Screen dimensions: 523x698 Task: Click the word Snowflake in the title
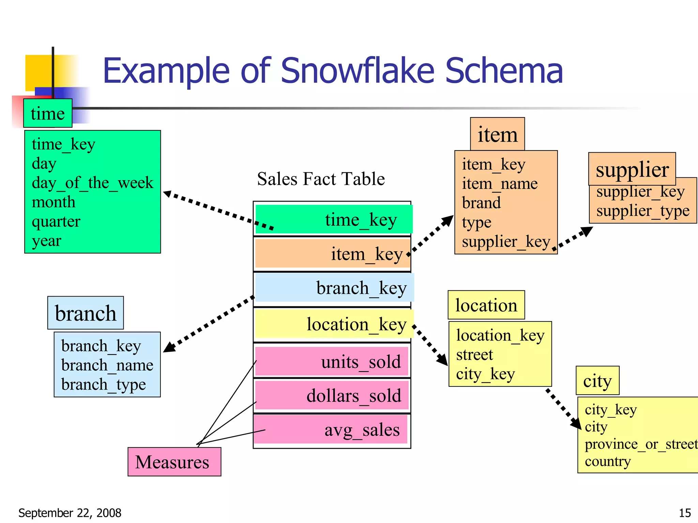358,71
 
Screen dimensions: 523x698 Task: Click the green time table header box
48,113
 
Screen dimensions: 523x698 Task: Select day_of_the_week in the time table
92,183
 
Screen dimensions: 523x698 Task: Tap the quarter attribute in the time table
56,222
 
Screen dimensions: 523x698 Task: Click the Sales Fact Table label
321,179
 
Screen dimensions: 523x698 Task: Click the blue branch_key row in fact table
334,288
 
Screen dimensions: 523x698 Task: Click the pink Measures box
174,462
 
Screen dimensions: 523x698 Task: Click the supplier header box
632,169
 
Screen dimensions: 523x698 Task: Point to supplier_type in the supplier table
643,211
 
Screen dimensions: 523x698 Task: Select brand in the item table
481,203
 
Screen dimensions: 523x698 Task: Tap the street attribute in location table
474,355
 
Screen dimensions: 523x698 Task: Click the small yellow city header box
597,381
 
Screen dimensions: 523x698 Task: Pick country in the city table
608,461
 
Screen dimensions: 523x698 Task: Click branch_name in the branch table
107,365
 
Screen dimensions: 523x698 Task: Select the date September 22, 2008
70,513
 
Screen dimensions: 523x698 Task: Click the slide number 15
685,513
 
